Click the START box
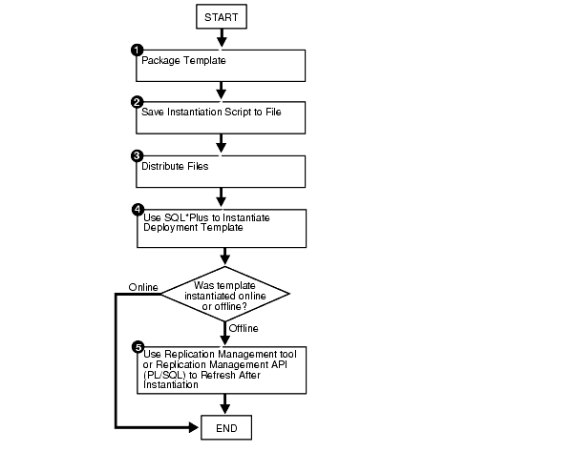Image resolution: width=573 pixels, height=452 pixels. (x=222, y=16)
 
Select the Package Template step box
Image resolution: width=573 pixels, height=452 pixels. (x=222, y=66)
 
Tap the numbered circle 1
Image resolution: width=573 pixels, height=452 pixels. (x=137, y=50)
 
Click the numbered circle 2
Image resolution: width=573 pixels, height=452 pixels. (x=137, y=101)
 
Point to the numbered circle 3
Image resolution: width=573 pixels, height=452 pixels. (x=137, y=154)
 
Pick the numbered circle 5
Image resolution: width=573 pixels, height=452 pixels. (x=137, y=346)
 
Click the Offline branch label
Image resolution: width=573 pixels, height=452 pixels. (x=244, y=327)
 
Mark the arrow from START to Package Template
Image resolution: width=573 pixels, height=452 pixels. (x=222, y=38)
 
